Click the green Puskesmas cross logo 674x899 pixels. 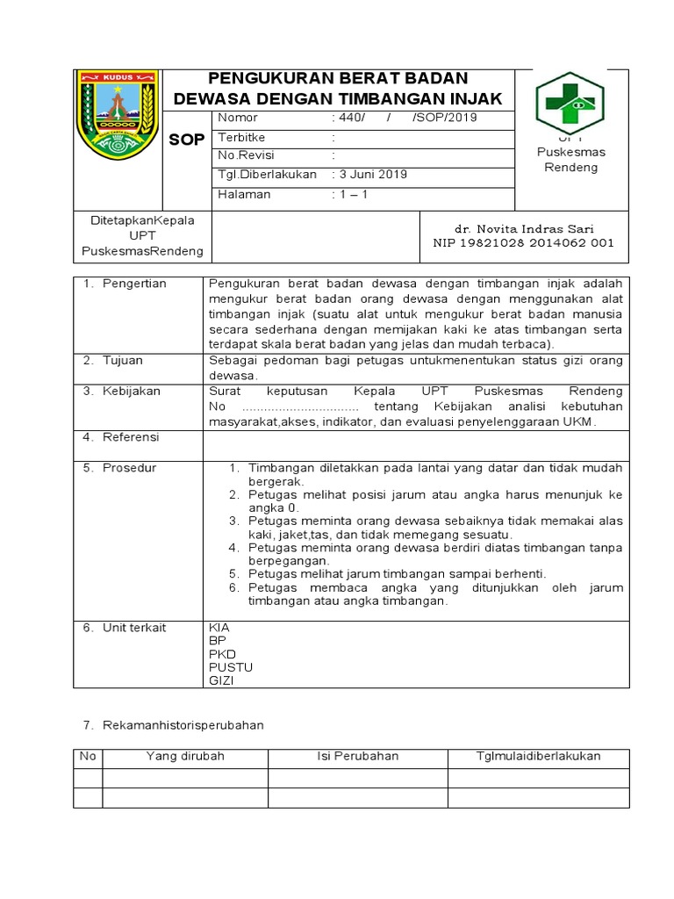pyautogui.click(x=570, y=103)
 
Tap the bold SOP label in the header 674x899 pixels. pyautogui.click(x=186, y=140)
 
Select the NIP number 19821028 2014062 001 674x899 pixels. pyautogui.click(x=523, y=243)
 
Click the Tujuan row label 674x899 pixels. pyautogui.click(x=122, y=361)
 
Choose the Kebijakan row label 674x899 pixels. pyautogui.click(x=131, y=392)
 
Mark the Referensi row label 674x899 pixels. pyautogui.click(x=131, y=437)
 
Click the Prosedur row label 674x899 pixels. pyautogui.click(x=129, y=468)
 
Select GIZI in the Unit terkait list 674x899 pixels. pyautogui.click(x=221, y=680)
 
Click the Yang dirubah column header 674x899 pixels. pyautogui.click(x=185, y=757)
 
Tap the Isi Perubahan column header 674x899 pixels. pyautogui.click(x=357, y=757)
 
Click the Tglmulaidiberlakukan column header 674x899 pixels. pyautogui.click(x=538, y=757)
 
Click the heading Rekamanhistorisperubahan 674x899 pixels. pyautogui.click(x=173, y=726)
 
